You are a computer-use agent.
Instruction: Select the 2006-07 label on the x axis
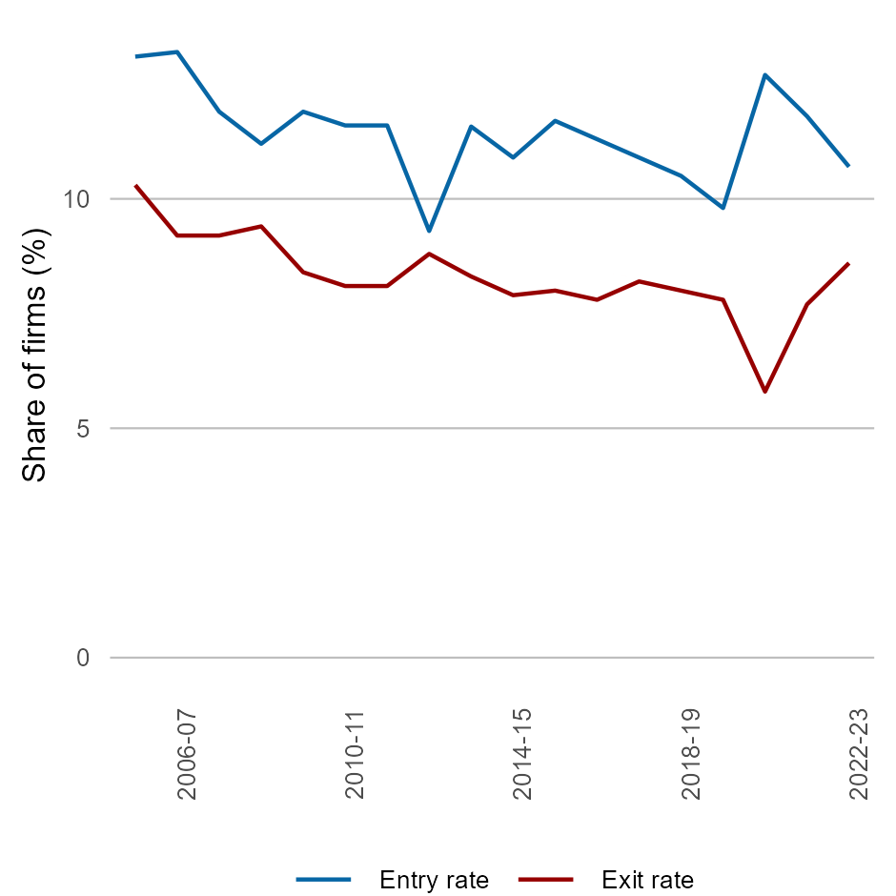[187, 753]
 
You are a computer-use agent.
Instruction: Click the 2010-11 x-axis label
[356, 753]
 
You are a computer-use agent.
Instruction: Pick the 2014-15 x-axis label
[523, 753]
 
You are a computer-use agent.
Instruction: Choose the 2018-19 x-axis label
[692, 753]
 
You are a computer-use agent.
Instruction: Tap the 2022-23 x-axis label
[860, 753]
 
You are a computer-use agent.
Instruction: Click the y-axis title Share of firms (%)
[35, 355]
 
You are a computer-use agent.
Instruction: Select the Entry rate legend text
[434, 880]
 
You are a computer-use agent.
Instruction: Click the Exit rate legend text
[647, 880]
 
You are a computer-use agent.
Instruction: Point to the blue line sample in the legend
[324, 880]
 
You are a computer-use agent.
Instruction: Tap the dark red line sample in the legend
[546, 880]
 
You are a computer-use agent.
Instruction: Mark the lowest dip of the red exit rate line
[764, 392]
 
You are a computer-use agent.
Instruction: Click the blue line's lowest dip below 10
[429, 231]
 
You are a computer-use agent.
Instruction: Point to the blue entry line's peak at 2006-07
[177, 51]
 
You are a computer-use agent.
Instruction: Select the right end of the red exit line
[848, 263]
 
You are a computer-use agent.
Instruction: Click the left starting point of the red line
[135, 185]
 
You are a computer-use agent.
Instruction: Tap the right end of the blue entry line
[848, 166]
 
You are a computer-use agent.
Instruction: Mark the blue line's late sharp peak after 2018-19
[764, 74]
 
